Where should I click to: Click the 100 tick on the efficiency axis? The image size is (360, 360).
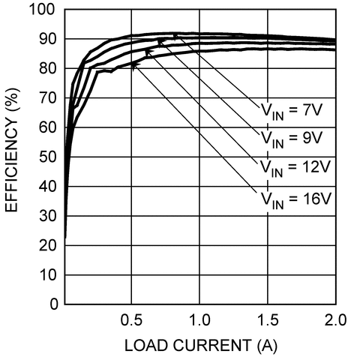click(42, 10)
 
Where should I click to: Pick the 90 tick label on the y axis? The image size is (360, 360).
click(46, 39)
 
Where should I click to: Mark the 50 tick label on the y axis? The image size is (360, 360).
click(46, 157)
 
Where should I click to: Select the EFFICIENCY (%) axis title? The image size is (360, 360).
click(13, 157)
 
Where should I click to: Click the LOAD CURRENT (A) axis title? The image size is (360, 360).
click(199, 346)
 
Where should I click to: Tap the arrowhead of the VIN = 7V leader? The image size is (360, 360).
click(175, 35)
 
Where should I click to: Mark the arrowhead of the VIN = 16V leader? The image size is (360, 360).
click(133, 64)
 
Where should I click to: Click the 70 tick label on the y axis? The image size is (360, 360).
click(46, 98)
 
